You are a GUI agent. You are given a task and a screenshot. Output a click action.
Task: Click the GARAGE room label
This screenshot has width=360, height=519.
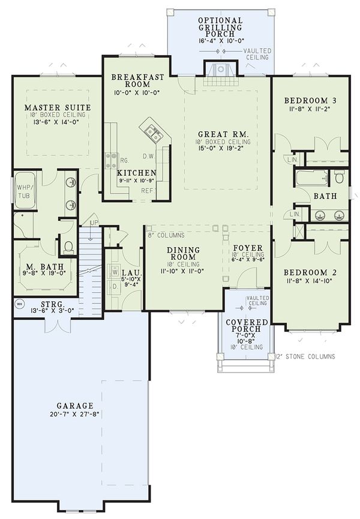pyautogui.click(x=75, y=406)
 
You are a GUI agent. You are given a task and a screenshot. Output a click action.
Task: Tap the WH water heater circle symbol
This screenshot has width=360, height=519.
pyautogui.click(x=19, y=304)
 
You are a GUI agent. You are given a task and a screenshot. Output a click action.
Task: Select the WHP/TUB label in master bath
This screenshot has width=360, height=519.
pyautogui.click(x=23, y=191)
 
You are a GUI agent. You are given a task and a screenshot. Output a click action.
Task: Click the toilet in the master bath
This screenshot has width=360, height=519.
pyautogui.click(x=68, y=246)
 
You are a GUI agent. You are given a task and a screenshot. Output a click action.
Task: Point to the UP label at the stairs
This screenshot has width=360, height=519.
pyautogui.click(x=94, y=223)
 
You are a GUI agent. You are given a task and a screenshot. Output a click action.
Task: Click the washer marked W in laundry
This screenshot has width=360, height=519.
pyautogui.click(x=115, y=272)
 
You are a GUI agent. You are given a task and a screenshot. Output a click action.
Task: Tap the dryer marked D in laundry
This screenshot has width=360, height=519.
pyautogui.click(x=115, y=287)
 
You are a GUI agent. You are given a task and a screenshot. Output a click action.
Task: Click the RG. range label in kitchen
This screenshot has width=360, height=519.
pyautogui.click(x=124, y=161)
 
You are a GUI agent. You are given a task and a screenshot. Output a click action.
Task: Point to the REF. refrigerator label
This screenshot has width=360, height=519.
pyautogui.click(x=147, y=191)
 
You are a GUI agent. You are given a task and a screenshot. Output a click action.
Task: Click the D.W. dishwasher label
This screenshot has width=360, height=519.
pyautogui.click(x=149, y=156)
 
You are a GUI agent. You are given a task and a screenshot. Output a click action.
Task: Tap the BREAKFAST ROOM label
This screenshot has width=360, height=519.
pyautogui.click(x=137, y=80)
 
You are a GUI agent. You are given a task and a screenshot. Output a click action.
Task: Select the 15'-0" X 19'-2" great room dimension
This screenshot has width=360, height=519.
pyautogui.click(x=220, y=148)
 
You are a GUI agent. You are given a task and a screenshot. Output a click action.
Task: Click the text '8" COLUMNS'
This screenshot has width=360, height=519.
pyautogui.click(x=166, y=235)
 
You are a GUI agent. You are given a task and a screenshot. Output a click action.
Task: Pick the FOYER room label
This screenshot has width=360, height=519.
pyautogui.click(x=248, y=248)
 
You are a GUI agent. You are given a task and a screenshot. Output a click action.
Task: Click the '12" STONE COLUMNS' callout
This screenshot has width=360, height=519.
pyautogui.click(x=305, y=356)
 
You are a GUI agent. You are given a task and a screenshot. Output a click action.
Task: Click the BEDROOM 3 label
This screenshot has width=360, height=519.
pyautogui.click(x=311, y=100)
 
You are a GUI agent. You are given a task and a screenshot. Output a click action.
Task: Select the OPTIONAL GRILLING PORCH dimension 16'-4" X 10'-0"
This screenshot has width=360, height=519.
pyautogui.click(x=221, y=40)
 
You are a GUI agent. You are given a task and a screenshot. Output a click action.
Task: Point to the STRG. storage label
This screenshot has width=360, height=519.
pyautogui.click(x=53, y=304)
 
